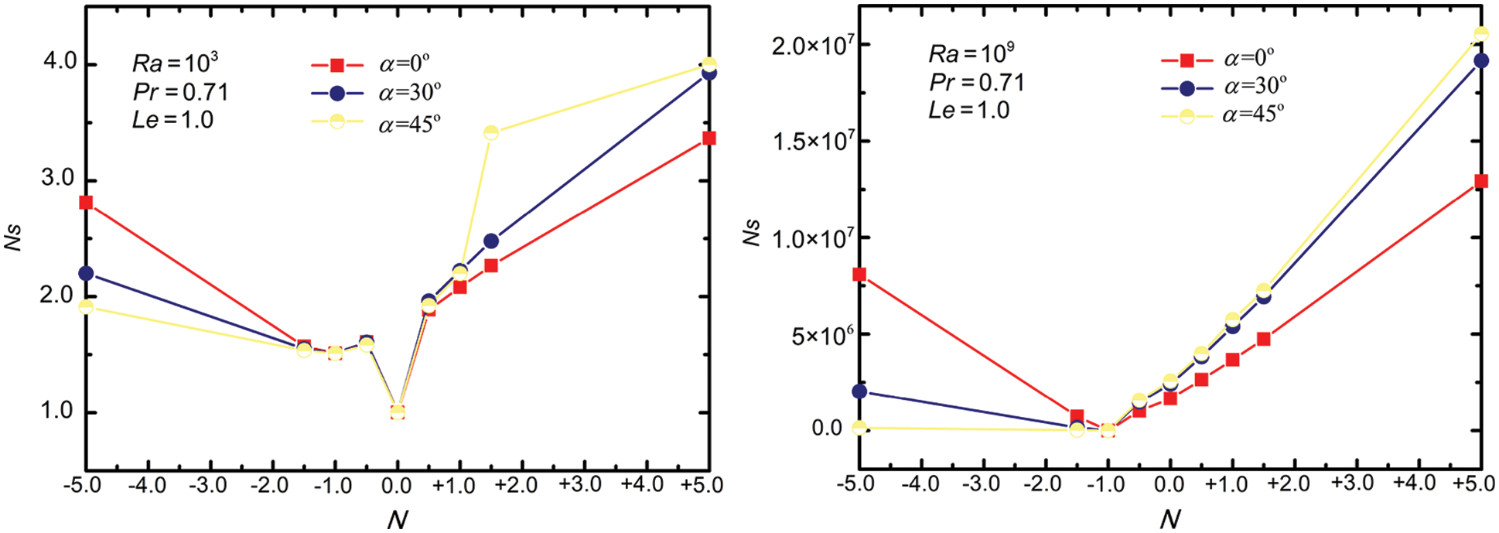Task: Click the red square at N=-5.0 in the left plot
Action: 86,203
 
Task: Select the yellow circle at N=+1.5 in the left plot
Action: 491,133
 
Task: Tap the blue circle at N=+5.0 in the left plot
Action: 709,73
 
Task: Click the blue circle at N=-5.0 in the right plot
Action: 859,391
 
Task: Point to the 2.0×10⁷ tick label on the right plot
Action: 812,45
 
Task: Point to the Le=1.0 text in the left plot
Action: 172,120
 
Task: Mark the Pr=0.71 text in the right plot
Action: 977,82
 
